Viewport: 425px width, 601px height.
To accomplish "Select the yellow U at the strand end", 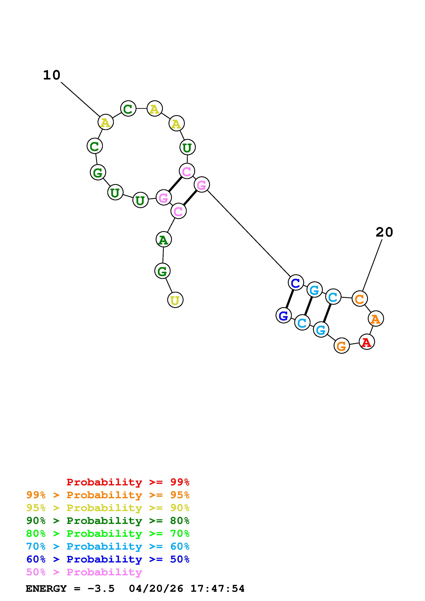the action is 175,300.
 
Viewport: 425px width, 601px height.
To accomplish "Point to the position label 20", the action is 384,232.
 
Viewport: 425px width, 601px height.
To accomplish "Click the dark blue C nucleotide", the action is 296,283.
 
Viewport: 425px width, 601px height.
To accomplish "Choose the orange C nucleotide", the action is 360,299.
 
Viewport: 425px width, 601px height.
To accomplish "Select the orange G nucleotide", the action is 342,346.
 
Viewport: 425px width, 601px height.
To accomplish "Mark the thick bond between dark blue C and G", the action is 290,299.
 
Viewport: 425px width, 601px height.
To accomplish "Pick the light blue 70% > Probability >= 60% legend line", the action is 108,547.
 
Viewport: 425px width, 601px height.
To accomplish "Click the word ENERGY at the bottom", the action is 46,589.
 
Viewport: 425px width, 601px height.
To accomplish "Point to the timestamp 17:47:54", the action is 217,589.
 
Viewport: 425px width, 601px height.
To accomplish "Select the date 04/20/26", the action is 156,589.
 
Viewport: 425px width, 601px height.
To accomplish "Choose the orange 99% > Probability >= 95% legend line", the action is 108,495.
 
